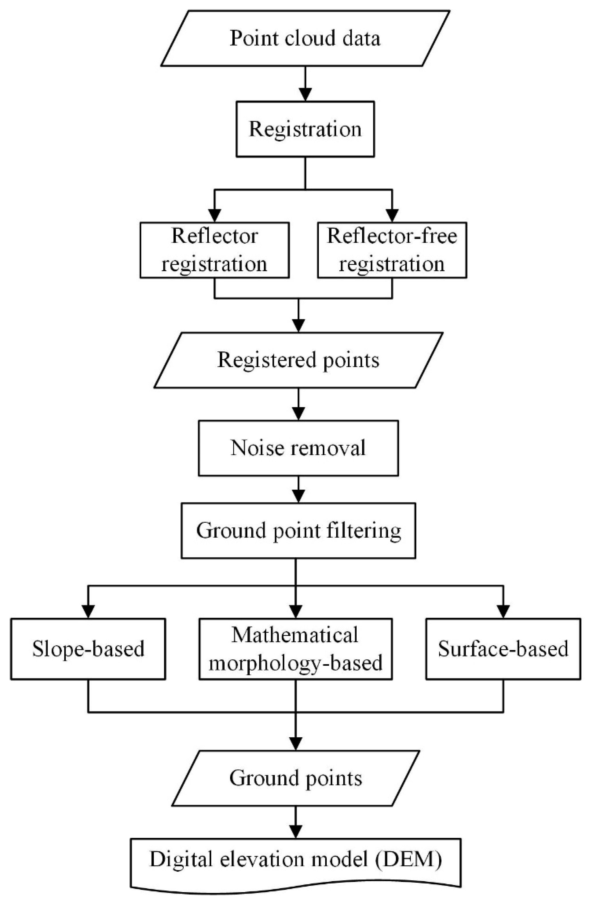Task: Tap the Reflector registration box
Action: (x=214, y=250)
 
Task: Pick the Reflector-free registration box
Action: (x=392, y=250)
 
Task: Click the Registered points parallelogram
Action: (x=298, y=360)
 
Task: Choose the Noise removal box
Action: (x=298, y=448)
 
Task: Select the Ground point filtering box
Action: (x=298, y=531)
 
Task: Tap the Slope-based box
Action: (x=88, y=649)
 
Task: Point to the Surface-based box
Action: (x=503, y=649)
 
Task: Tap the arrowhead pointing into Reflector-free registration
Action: (x=392, y=215)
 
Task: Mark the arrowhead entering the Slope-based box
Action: (x=88, y=611)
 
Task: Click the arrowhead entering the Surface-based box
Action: (x=503, y=611)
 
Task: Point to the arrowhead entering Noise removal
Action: (x=298, y=413)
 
